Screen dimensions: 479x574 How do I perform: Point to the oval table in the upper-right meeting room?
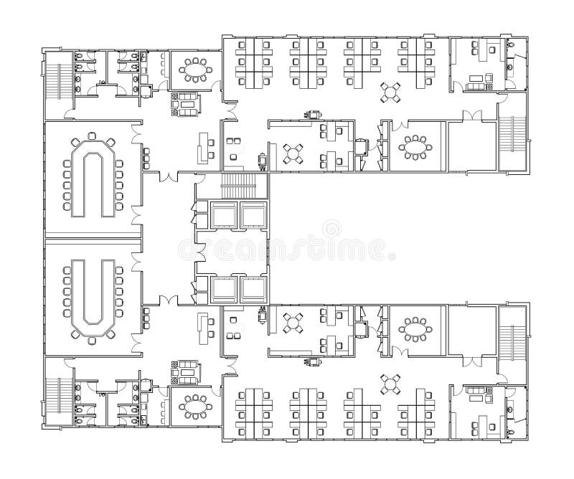[x=416, y=148]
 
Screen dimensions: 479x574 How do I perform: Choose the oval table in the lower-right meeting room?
[x=416, y=330]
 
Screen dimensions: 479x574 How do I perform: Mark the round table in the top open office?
[x=391, y=92]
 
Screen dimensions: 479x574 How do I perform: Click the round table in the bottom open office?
[x=391, y=384]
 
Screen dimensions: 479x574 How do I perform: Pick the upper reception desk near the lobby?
[x=202, y=146]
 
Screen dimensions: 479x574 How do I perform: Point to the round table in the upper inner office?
[x=294, y=153]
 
